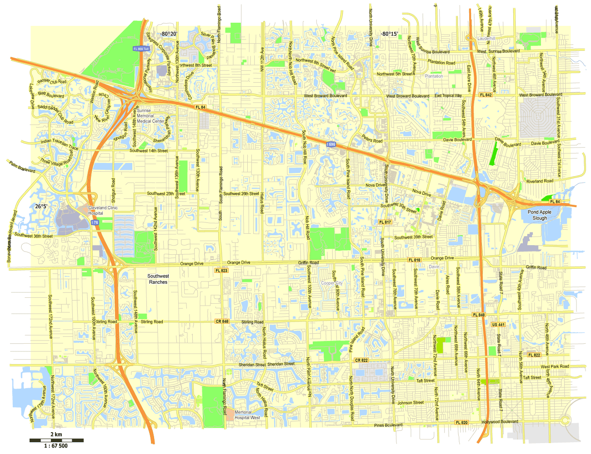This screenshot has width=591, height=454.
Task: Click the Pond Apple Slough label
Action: (x=540, y=215)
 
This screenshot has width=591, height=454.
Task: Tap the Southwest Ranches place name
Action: (x=158, y=279)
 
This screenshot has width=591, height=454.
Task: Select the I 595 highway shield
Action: (x=331, y=144)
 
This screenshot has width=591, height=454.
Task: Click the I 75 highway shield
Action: (x=95, y=222)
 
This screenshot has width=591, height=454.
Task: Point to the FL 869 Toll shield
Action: (x=141, y=49)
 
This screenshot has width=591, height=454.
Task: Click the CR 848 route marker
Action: (x=222, y=321)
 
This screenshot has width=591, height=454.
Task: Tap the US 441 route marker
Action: (x=498, y=325)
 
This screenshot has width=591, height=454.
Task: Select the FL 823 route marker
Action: (x=221, y=271)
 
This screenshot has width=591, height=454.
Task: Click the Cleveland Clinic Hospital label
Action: (x=103, y=211)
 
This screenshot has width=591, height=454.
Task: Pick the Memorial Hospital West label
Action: (x=247, y=415)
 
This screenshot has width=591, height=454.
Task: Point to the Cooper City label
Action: (x=332, y=283)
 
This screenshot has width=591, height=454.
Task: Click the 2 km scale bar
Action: (x=56, y=440)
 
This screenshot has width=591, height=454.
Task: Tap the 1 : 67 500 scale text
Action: (x=56, y=446)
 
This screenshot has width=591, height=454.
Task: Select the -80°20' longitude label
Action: (x=168, y=34)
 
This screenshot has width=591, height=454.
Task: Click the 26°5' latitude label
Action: (x=41, y=206)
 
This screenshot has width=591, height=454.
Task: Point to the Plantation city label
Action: (x=434, y=76)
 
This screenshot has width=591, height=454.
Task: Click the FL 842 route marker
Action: (x=486, y=95)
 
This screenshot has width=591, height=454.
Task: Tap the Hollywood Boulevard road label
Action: (x=500, y=422)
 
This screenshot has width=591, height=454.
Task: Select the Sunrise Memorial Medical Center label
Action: (x=150, y=116)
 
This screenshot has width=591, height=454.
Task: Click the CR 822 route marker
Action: (x=361, y=360)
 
